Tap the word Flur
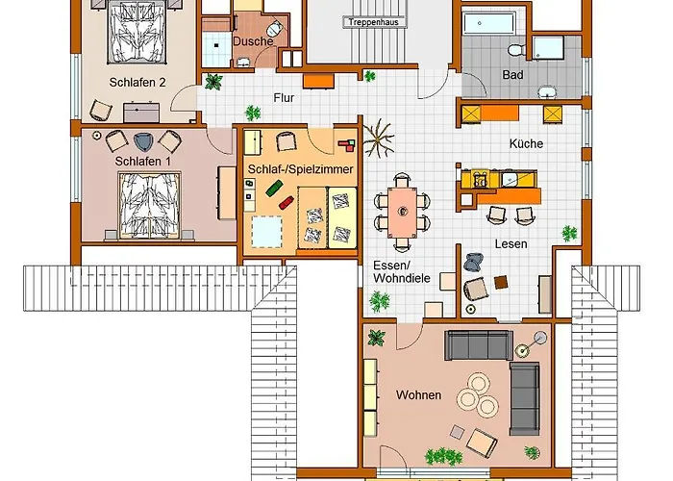[284, 97]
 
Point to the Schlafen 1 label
[142, 161]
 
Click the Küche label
[526, 143]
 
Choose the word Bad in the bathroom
[513, 74]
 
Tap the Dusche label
[253, 41]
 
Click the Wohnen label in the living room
[418, 395]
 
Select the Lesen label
[511, 244]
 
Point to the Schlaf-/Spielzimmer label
[298, 169]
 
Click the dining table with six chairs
[403, 209]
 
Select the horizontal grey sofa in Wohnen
[478, 344]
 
